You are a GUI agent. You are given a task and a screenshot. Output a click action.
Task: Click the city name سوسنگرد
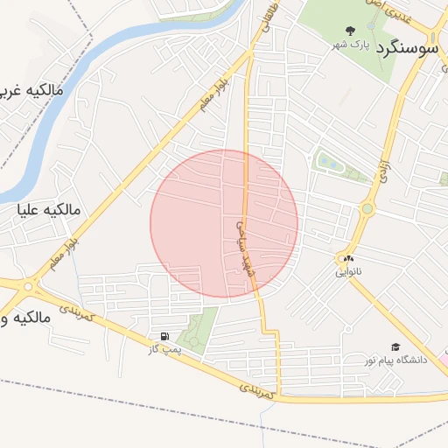(407, 49)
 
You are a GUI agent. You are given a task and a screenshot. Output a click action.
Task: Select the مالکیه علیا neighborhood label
(50, 210)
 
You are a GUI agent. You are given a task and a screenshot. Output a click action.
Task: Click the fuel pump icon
(164, 337)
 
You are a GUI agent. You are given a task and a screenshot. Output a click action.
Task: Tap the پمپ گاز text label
(164, 350)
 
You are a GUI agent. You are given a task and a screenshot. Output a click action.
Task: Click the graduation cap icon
(395, 347)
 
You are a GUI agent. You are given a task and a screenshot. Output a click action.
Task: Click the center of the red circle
(224, 223)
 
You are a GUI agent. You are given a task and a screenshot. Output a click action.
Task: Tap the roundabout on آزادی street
(367, 209)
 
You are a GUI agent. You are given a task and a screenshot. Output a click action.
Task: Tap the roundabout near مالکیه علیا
(32, 285)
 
